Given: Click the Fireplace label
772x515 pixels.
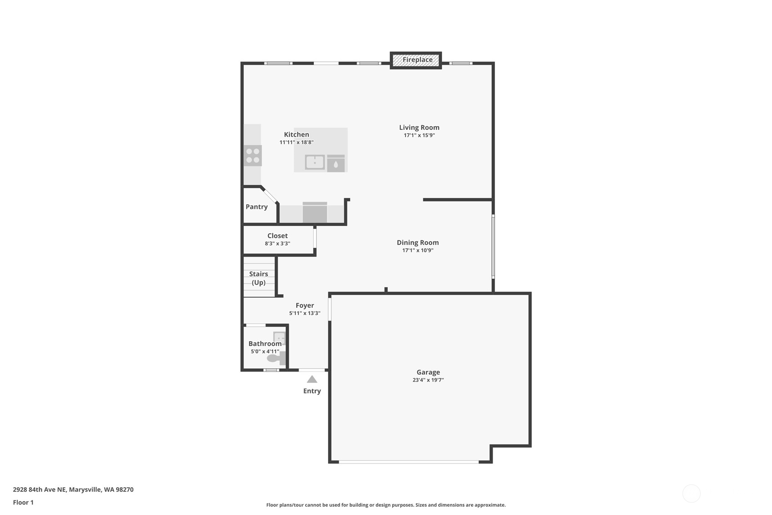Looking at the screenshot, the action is (417, 60).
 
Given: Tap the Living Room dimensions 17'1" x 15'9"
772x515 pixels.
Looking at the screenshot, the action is (419, 135).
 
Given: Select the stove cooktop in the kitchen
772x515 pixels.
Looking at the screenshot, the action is (252, 156).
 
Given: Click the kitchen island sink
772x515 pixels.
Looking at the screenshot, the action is (315, 162).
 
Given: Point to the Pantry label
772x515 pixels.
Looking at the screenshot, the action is (257, 207).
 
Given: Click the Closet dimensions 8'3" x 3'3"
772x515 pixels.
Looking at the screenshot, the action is (278, 244).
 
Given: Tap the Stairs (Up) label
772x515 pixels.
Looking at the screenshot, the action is (258, 278).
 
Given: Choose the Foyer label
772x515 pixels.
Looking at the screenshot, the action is (305, 305).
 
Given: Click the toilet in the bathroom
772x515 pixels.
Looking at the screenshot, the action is (276, 358).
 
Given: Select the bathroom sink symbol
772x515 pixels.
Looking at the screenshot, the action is (279, 338).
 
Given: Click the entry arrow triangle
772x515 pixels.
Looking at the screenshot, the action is (312, 379).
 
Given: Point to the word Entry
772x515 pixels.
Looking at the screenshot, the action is (312, 391).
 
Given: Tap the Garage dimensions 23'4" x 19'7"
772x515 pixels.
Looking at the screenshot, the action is (428, 380).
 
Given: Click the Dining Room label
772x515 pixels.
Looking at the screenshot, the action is (418, 243).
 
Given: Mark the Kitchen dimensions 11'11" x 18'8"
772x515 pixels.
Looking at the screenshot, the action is (297, 142).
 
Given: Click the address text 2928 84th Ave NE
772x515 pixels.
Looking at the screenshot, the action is (39, 490).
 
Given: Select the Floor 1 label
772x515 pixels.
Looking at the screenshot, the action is (23, 502).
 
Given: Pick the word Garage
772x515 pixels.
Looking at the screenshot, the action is (428, 372).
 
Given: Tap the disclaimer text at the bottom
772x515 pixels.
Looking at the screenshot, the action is (386, 505).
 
